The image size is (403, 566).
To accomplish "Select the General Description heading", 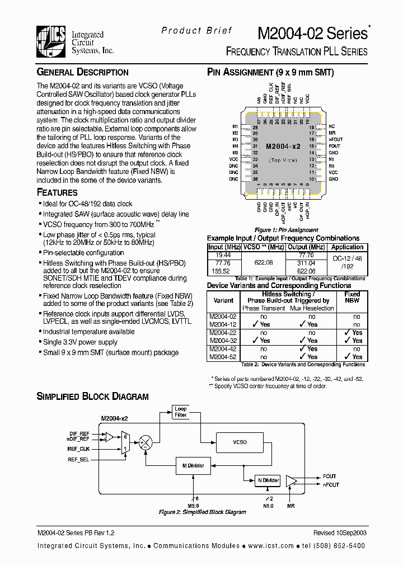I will click(82, 72).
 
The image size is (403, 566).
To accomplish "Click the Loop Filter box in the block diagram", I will click(180, 412).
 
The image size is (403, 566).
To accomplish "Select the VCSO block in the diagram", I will click(240, 442).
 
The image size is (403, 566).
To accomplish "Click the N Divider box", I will click(268, 480).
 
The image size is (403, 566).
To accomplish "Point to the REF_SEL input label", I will click(79, 459).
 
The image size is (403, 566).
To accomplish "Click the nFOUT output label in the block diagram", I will click(331, 485).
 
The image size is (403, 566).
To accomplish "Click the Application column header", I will click(347, 247).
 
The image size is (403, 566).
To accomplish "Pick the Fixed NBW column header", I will click(352, 298).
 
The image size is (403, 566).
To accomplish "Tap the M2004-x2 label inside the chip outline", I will click(283, 146).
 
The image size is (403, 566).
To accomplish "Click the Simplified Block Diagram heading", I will click(92, 397).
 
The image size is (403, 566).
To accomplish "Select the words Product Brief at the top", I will click(196, 31).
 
